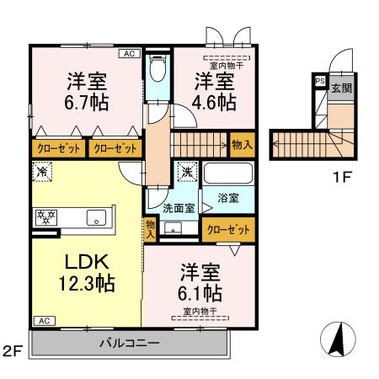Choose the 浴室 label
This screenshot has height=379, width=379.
click(228, 198)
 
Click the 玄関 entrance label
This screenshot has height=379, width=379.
click(341, 88)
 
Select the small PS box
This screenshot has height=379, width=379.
click(319, 81)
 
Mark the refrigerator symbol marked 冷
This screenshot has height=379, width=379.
click(41, 172)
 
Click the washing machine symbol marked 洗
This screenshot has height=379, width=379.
click(188, 173)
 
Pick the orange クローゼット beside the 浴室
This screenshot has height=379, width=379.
click(227, 228)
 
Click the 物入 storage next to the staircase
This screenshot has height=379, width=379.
click(243, 146)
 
